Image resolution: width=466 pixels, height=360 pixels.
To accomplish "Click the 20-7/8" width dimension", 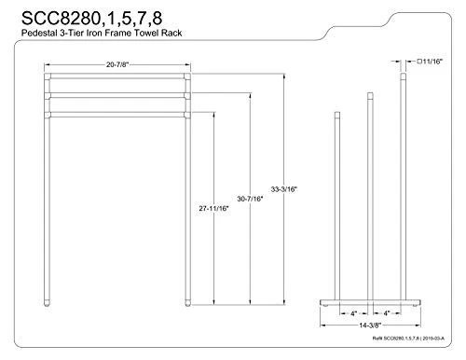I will [x=116, y=64].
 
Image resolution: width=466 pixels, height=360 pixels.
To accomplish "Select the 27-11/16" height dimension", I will [x=215, y=207].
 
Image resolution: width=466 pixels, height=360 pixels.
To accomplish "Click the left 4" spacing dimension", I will [x=354, y=312].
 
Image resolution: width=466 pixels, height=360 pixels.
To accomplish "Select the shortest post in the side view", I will [x=337, y=205].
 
